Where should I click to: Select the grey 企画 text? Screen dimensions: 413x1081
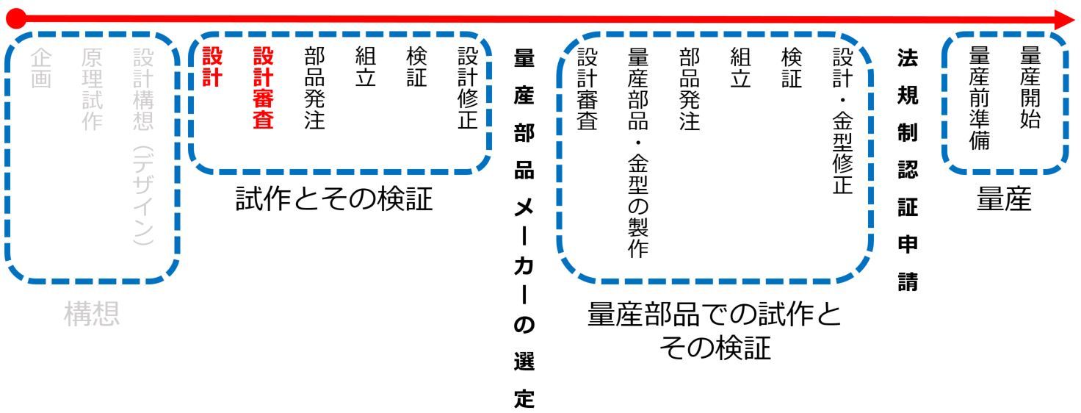42,70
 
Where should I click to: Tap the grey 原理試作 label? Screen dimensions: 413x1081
92,90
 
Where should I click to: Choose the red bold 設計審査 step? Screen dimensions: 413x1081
263,89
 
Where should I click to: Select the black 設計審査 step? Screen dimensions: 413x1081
587,89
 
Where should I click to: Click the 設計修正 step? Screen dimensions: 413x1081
467,89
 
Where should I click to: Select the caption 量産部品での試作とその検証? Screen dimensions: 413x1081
715,331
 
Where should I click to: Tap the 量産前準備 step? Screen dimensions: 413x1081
980,99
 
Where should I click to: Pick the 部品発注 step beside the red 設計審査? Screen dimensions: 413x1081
314,89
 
